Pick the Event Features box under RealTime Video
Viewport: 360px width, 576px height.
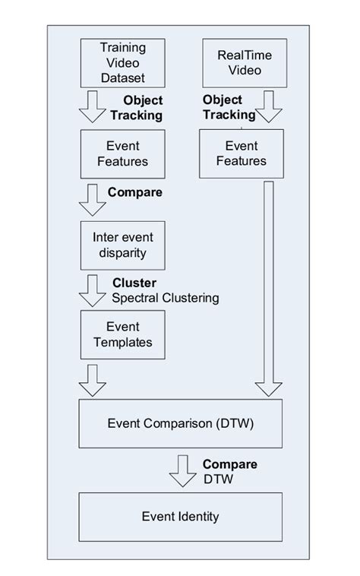point(241,153)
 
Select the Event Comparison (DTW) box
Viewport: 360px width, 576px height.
point(181,425)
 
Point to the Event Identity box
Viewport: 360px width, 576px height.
point(181,517)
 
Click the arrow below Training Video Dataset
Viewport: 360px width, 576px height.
point(93,108)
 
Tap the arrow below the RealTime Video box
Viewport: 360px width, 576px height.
point(269,108)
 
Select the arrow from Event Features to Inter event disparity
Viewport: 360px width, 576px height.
point(93,199)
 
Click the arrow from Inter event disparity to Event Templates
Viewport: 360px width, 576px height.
point(93,290)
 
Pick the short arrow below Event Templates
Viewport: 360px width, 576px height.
point(93,380)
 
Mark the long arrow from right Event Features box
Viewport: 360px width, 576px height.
point(269,289)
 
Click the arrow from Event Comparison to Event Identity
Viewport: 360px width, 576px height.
point(183,471)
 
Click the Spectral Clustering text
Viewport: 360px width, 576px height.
point(165,298)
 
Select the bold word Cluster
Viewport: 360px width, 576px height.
point(134,283)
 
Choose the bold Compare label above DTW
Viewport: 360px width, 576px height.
point(229,464)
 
